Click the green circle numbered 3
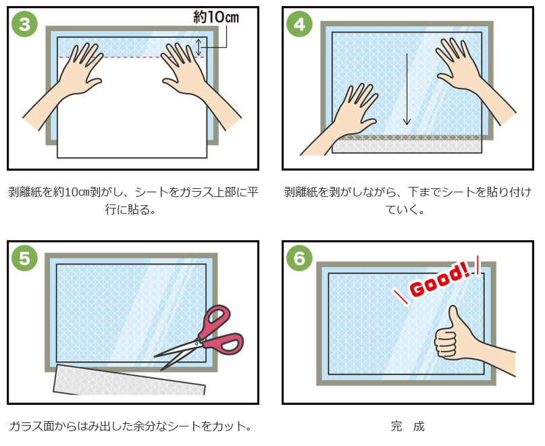click(x=24, y=24)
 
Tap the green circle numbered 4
click(x=299, y=24)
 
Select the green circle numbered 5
click(x=24, y=258)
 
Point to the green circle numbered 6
click(x=299, y=258)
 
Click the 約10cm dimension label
click(x=216, y=17)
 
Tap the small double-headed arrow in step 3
click(x=199, y=47)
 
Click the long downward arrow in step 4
click(x=407, y=89)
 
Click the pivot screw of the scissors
click(x=197, y=343)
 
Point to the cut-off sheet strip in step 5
click(x=128, y=380)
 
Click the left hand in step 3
click(x=70, y=84)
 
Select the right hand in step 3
click(x=194, y=84)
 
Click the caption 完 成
click(x=407, y=426)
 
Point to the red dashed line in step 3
click(x=132, y=57)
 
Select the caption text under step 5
click(x=130, y=426)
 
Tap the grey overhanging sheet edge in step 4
click(x=407, y=144)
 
